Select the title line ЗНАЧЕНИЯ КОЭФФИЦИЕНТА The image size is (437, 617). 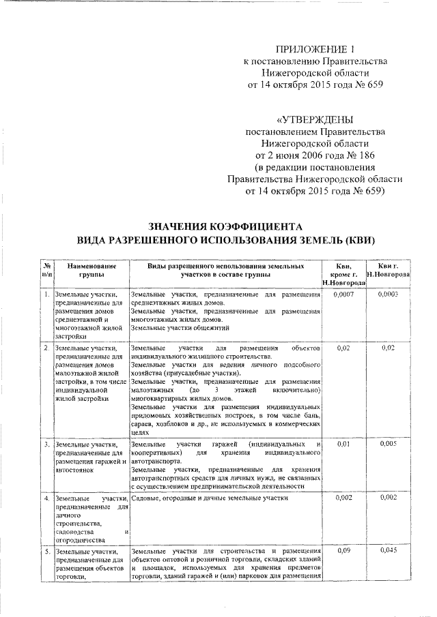click(225, 226)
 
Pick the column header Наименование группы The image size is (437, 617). click(86, 269)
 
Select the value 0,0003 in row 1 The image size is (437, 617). click(387, 294)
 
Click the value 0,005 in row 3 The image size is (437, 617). click(387, 444)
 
